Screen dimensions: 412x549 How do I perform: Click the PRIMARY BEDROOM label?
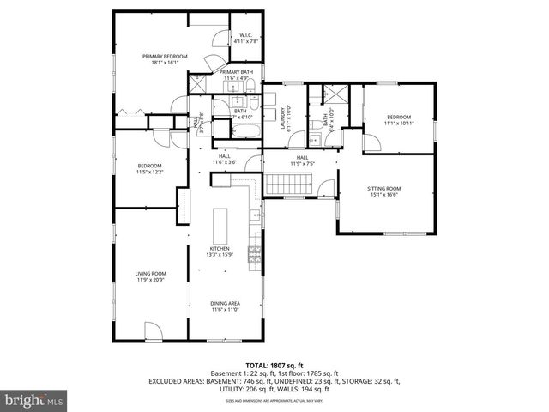[160, 57]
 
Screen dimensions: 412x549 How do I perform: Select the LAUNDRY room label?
[284, 111]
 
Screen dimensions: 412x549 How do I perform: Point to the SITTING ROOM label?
[384, 188]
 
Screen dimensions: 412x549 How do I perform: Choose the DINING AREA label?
[225, 303]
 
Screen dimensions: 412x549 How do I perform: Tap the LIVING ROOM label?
[149, 274]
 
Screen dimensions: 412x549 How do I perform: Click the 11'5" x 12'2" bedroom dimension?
[150, 172]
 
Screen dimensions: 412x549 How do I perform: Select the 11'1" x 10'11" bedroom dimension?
[399, 124]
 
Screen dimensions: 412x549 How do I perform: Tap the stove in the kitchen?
[254, 253]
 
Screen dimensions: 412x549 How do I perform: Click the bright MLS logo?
[34, 400]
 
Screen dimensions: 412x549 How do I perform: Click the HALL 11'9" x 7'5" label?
[302, 161]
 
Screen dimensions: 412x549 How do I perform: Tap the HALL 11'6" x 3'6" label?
[224, 159]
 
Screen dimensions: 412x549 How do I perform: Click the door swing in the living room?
[151, 330]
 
